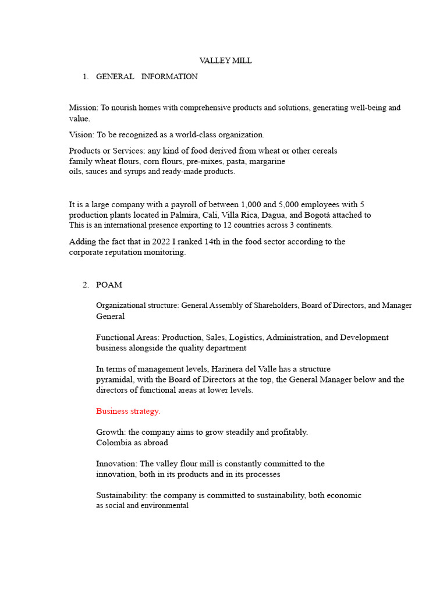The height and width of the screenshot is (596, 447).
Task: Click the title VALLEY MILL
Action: click(x=225, y=61)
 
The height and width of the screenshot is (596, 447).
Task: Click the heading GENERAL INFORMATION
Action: click(x=147, y=76)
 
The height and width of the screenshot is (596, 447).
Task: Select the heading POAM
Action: click(x=109, y=285)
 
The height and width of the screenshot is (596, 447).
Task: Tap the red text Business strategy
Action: click(x=128, y=411)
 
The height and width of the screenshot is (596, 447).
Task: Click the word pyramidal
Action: click(x=115, y=379)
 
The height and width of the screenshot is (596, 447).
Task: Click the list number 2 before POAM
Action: click(x=86, y=285)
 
